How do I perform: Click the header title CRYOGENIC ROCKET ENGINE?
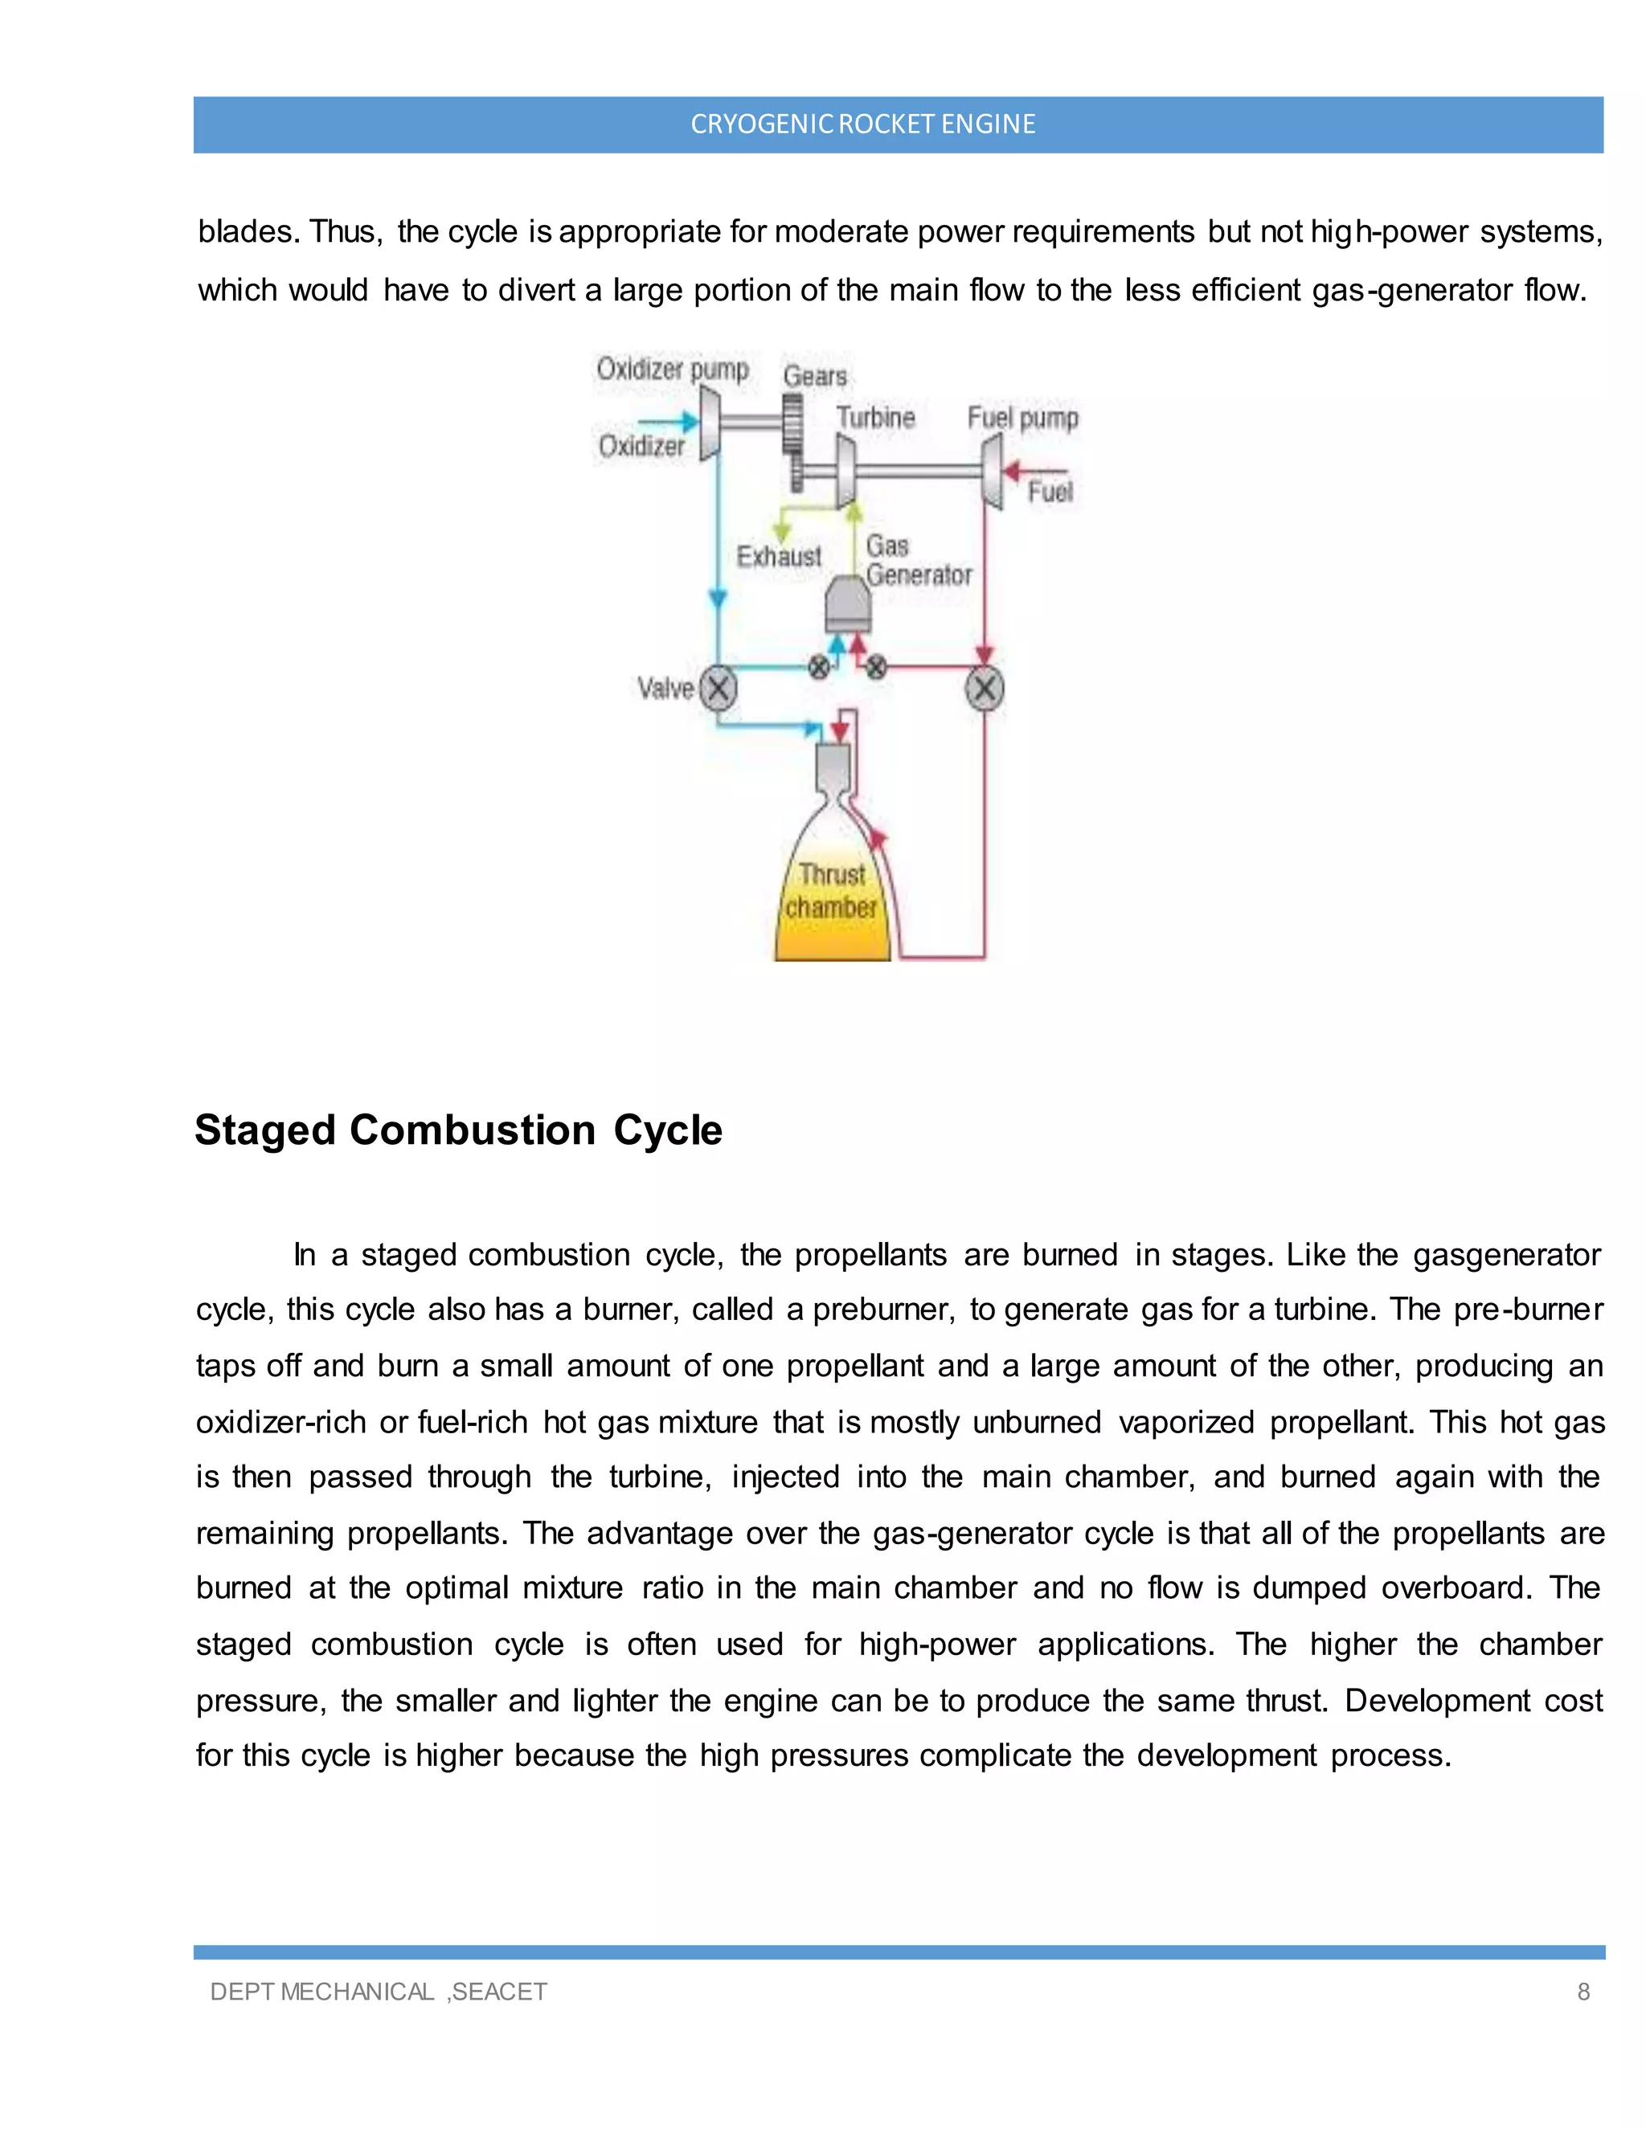(x=862, y=124)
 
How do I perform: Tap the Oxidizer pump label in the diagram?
(x=672, y=370)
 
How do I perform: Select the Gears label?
(x=814, y=376)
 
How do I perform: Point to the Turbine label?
(x=876, y=419)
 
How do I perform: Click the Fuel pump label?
(x=1022, y=419)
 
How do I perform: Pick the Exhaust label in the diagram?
(x=778, y=557)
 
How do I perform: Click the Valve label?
(x=665, y=689)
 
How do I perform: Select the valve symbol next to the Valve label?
(x=719, y=689)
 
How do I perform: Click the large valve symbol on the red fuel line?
(x=984, y=689)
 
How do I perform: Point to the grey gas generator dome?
(x=847, y=604)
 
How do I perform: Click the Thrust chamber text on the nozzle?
(x=832, y=891)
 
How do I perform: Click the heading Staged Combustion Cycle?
(x=458, y=1130)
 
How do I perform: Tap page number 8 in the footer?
(x=1583, y=1992)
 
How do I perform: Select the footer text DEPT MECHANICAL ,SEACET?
(x=379, y=1992)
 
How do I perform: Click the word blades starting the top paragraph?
(x=247, y=232)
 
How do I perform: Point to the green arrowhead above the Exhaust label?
(x=782, y=532)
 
